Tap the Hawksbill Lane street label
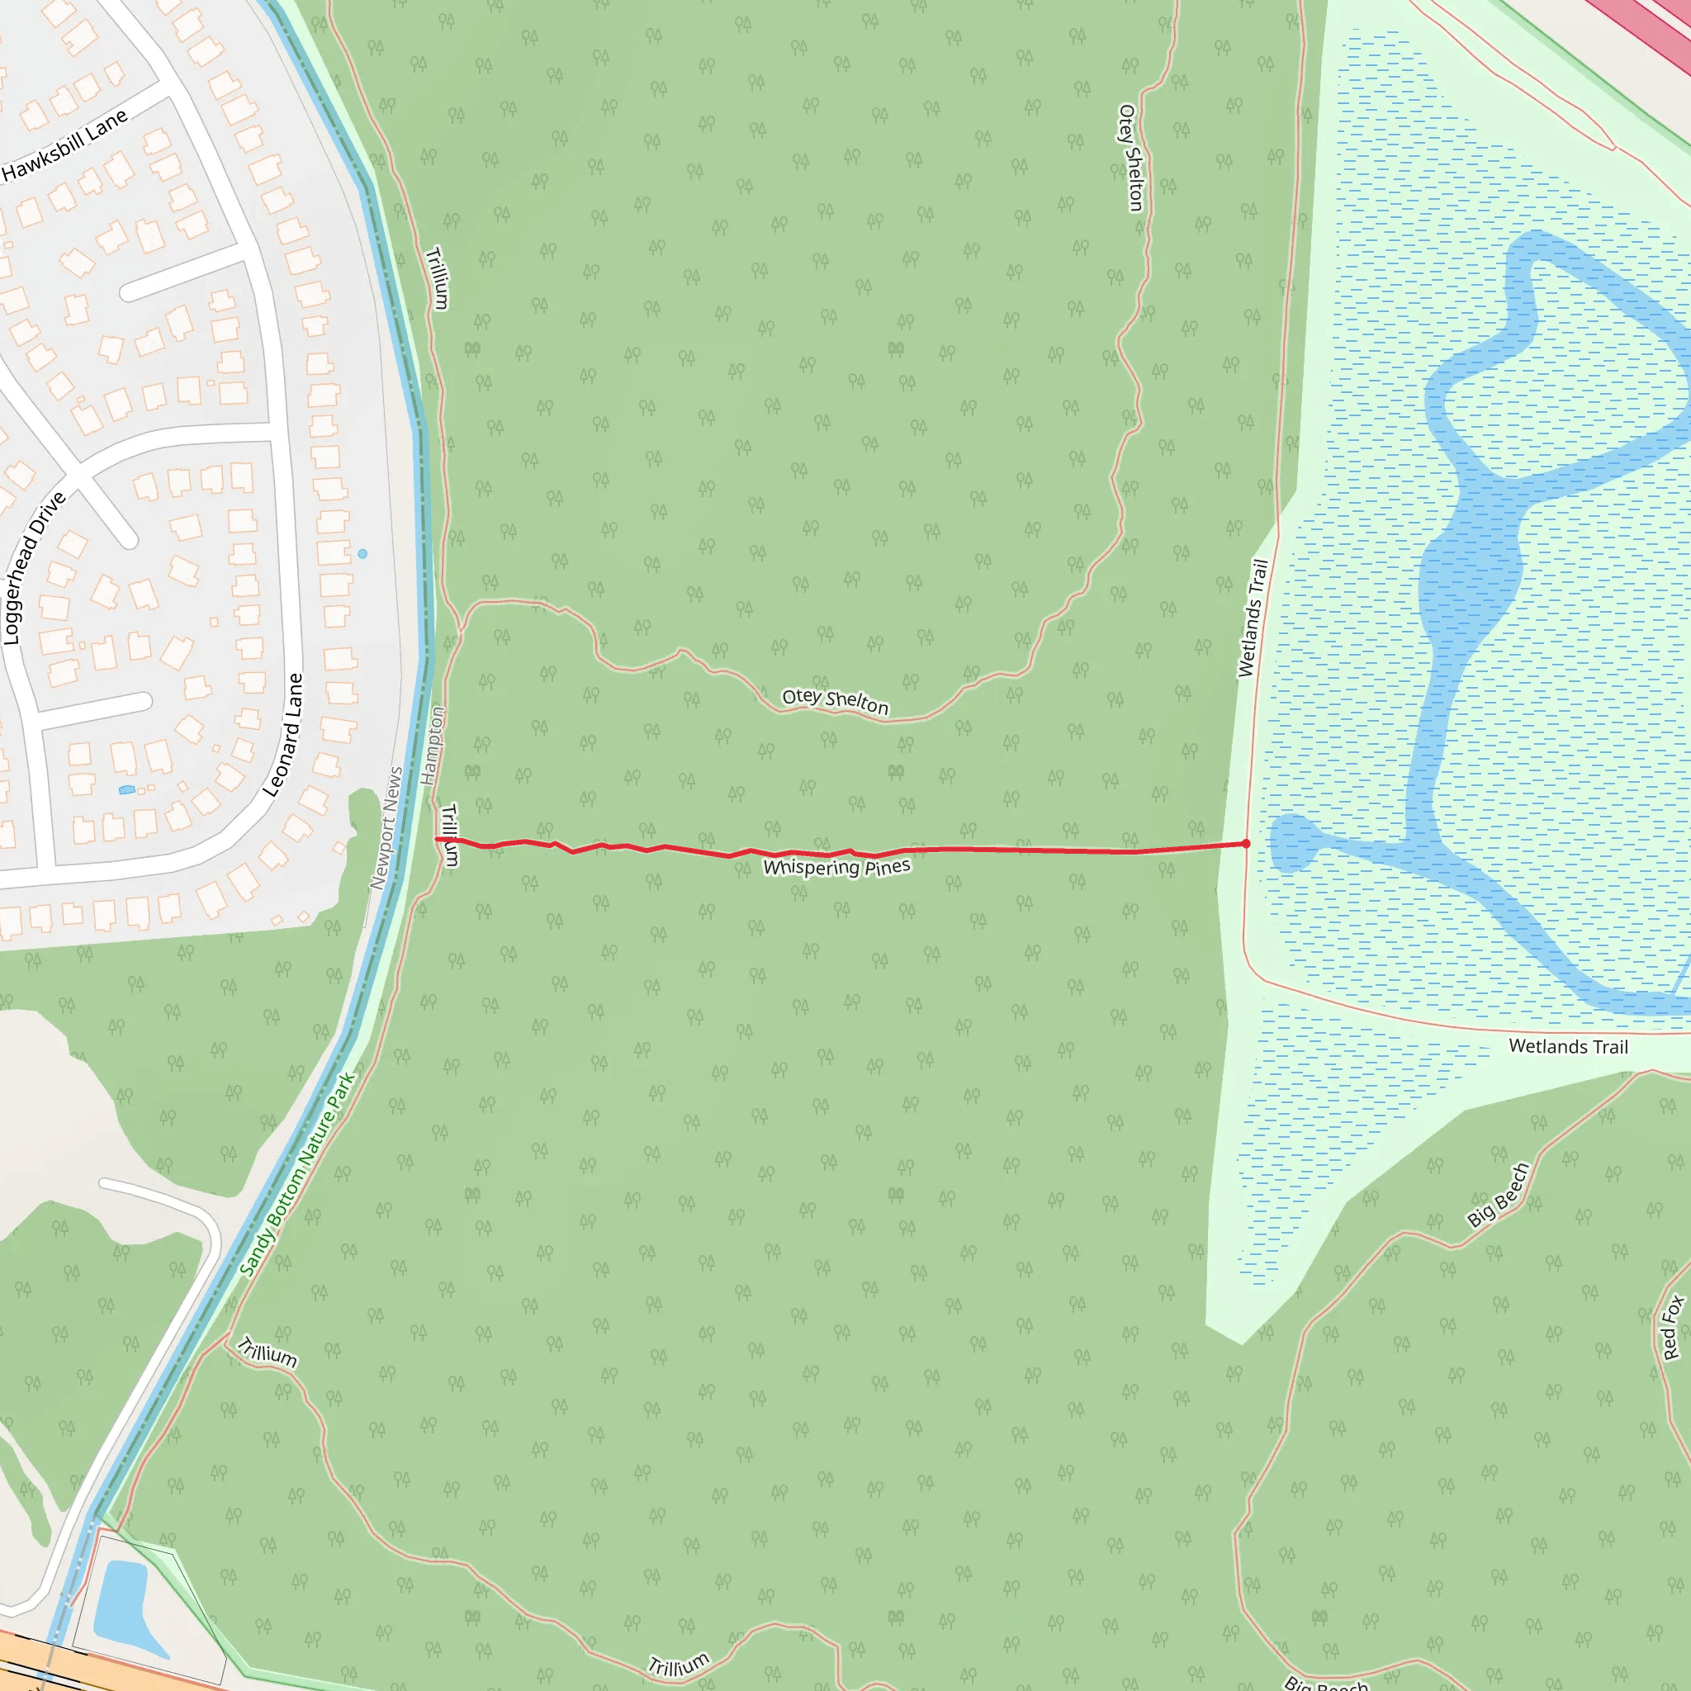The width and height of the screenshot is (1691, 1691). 64,145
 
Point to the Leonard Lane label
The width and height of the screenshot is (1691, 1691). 283,735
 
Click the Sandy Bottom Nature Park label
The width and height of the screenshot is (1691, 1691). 297,1175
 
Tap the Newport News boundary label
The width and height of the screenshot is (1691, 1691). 386,828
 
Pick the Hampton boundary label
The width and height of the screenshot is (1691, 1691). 433,746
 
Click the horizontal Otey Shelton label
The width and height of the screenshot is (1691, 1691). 835,700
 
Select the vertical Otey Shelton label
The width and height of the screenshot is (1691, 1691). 1130,158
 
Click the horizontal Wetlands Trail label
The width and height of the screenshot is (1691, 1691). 1568,1046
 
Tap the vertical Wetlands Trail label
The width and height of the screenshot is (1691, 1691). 1253,618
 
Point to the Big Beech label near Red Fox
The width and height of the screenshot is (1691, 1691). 1498,1195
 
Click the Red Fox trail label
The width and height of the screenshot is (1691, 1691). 1672,1327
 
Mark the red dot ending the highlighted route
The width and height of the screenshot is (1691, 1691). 1246,844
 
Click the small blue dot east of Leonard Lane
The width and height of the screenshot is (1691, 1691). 362,554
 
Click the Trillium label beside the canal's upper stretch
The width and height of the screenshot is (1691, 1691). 437,278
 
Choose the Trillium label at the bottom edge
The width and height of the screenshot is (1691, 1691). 679,1665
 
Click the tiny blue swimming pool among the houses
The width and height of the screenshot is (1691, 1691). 127,789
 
